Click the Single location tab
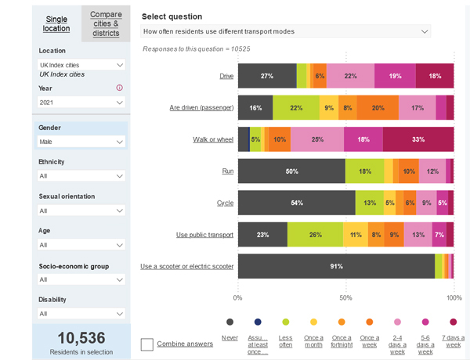point(56,23)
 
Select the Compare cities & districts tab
point(106,23)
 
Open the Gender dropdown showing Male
point(81,142)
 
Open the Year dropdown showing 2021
point(81,103)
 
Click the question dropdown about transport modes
point(286,31)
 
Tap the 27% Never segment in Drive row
point(267,76)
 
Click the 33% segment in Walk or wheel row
point(418,139)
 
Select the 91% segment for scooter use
point(336,266)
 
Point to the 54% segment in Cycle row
point(297,203)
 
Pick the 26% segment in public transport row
point(315,234)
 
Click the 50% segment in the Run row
point(291,171)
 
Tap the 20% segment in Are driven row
point(378,107)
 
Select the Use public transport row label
point(204,234)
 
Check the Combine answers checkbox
point(147,344)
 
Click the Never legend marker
point(230,322)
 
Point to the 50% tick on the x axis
point(346,298)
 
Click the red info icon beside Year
point(120,88)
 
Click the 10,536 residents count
point(81,337)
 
